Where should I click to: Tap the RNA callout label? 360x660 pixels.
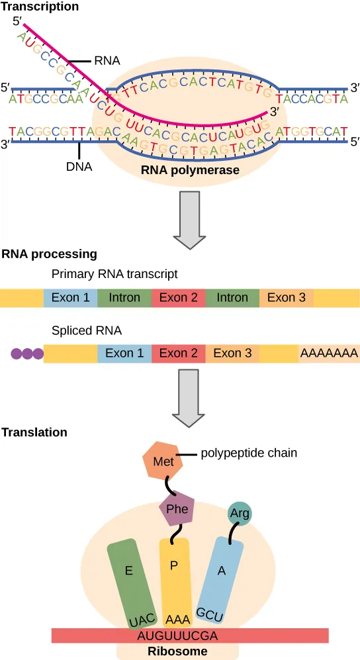[x=107, y=61]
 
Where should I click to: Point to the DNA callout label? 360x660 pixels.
[x=79, y=167]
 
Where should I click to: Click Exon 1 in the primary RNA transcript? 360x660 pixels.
[x=70, y=298]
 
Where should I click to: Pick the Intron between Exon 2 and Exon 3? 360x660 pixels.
[x=232, y=298]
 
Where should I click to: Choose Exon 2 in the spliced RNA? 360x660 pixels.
[x=178, y=354]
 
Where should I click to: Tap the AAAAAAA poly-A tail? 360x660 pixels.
[x=329, y=354]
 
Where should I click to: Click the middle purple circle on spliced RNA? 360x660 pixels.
[x=28, y=354]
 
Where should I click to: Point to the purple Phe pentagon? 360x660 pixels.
[x=178, y=509]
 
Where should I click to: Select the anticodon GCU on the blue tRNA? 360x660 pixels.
[x=210, y=614]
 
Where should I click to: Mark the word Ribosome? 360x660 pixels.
[x=177, y=651]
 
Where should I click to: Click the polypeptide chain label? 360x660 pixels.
[x=248, y=453]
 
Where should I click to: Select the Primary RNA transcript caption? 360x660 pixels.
[x=114, y=273]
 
